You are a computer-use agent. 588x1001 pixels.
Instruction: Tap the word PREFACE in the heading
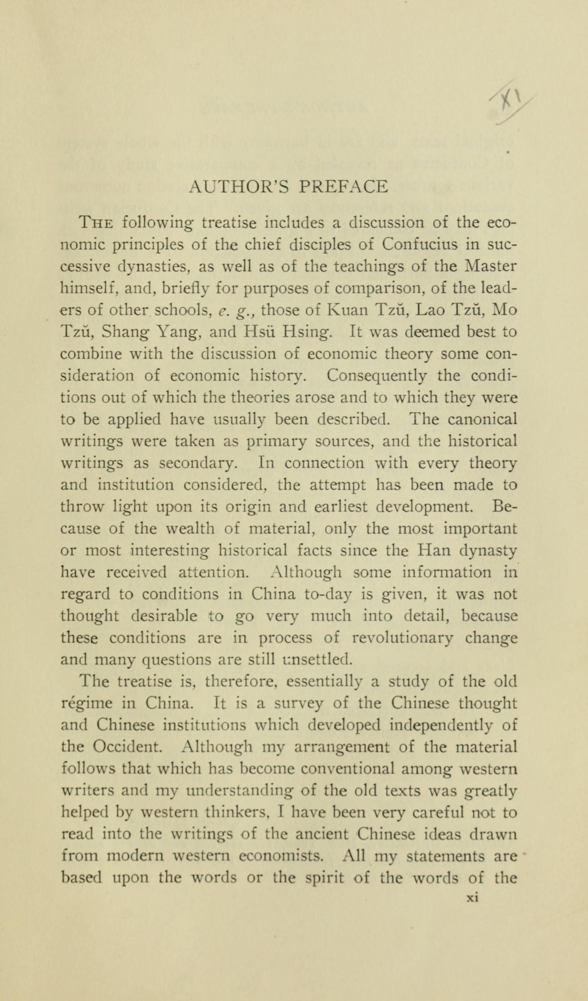coord(343,187)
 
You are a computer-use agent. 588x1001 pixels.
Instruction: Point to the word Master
coord(491,266)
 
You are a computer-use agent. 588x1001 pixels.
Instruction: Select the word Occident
coord(127,748)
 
